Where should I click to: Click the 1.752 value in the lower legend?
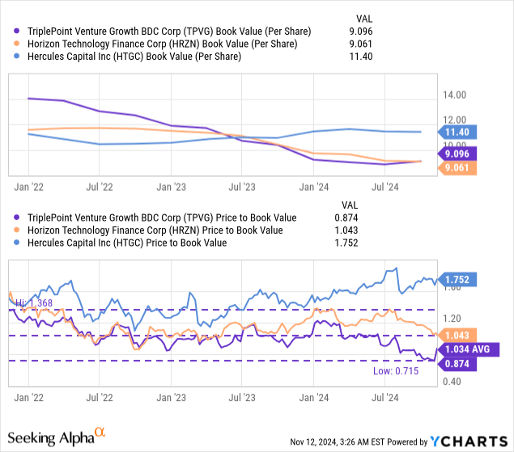coord(346,243)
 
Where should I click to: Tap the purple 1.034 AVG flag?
coord(468,349)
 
